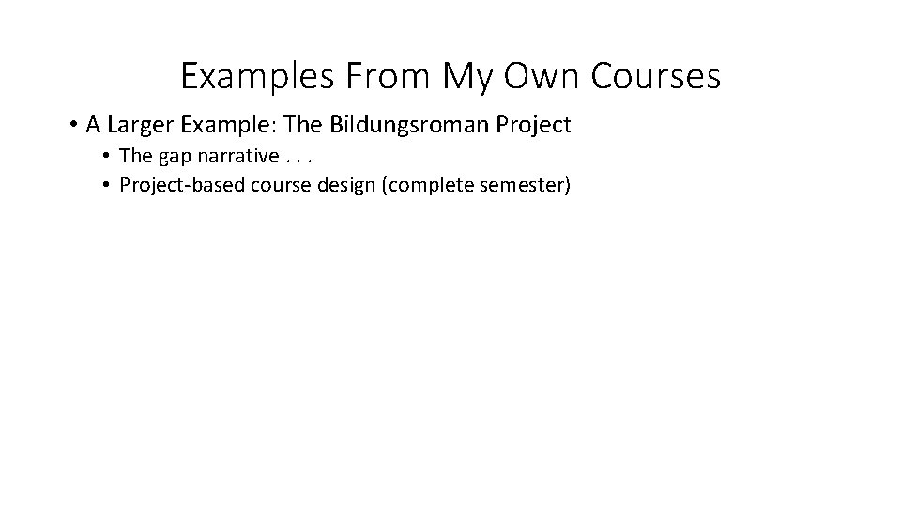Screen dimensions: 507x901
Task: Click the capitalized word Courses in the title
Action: (657, 76)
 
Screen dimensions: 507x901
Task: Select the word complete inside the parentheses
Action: (430, 185)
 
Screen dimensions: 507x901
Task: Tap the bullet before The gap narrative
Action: (109, 156)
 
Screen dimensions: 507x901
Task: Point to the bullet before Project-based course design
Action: (109, 186)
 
